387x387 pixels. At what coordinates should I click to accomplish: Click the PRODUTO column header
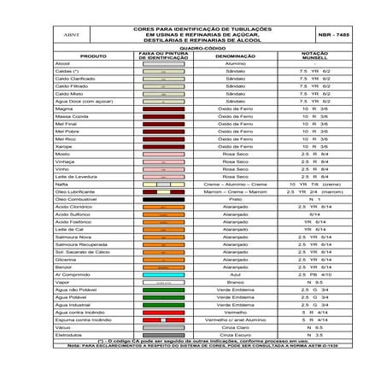(93, 56)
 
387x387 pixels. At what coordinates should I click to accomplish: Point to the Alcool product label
(62, 63)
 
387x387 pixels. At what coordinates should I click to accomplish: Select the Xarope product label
(64, 146)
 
